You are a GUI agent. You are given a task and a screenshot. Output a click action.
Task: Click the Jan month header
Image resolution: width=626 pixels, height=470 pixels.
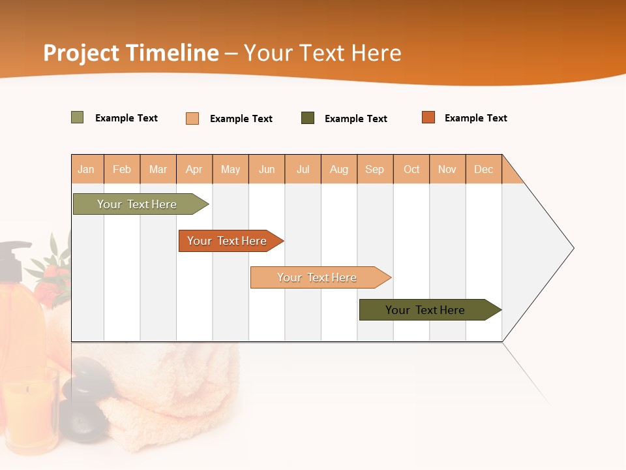[87, 169]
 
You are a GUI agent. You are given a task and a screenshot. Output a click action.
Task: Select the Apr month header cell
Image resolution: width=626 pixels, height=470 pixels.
[194, 169]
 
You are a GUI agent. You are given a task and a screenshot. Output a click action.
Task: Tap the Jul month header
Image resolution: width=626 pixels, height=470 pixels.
[303, 169]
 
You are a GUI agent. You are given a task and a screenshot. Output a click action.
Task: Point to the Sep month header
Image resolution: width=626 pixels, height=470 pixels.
[375, 169]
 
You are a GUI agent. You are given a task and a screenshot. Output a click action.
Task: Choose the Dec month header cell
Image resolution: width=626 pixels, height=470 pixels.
[484, 169]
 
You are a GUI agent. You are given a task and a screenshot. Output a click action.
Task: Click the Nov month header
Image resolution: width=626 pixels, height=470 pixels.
[447, 169]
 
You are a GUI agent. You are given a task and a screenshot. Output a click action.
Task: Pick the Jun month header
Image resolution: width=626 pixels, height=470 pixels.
[267, 169]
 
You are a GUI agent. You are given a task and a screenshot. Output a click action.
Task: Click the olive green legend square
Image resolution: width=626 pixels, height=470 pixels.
[78, 117]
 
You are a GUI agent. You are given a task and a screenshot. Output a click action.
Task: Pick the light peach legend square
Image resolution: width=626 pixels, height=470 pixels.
[192, 118]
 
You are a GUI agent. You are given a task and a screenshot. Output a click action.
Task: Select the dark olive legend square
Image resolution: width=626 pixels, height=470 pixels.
[308, 118]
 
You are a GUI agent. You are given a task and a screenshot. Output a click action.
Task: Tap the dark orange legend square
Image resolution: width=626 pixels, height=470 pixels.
[428, 117]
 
